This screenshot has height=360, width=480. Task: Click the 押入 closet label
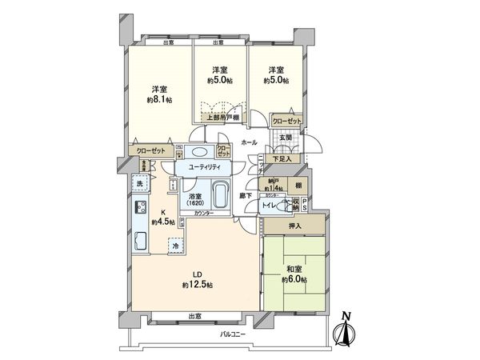click(294, 226)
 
